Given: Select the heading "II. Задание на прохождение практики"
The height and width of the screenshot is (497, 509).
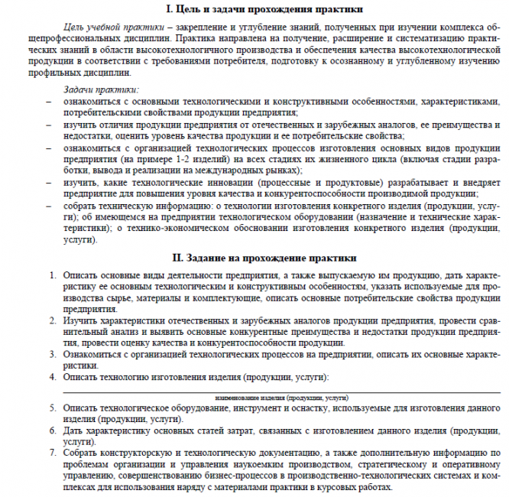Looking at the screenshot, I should pos(254,258).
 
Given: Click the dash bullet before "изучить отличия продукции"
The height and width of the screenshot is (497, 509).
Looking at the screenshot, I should pos(48,125).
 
